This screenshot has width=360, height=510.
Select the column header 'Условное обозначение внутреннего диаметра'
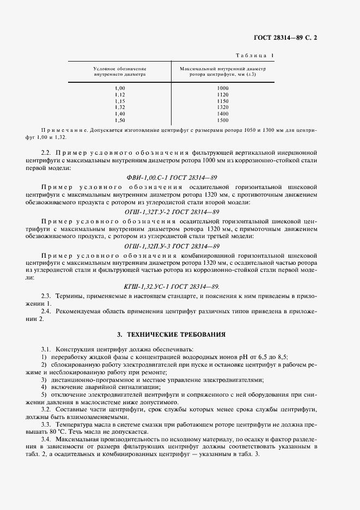coord(120,71)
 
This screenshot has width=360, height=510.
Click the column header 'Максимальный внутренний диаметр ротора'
coord(222,71)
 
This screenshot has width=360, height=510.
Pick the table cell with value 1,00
coord(120,88)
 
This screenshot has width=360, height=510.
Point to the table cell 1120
coord(222,94)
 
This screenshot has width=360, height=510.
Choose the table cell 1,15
coord(120,101)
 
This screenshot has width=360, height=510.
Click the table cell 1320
coord(222,107)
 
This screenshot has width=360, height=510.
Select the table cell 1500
coord(222,120)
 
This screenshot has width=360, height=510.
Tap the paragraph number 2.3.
coord(46,295)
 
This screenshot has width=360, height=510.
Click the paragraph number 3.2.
coord(46,408)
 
